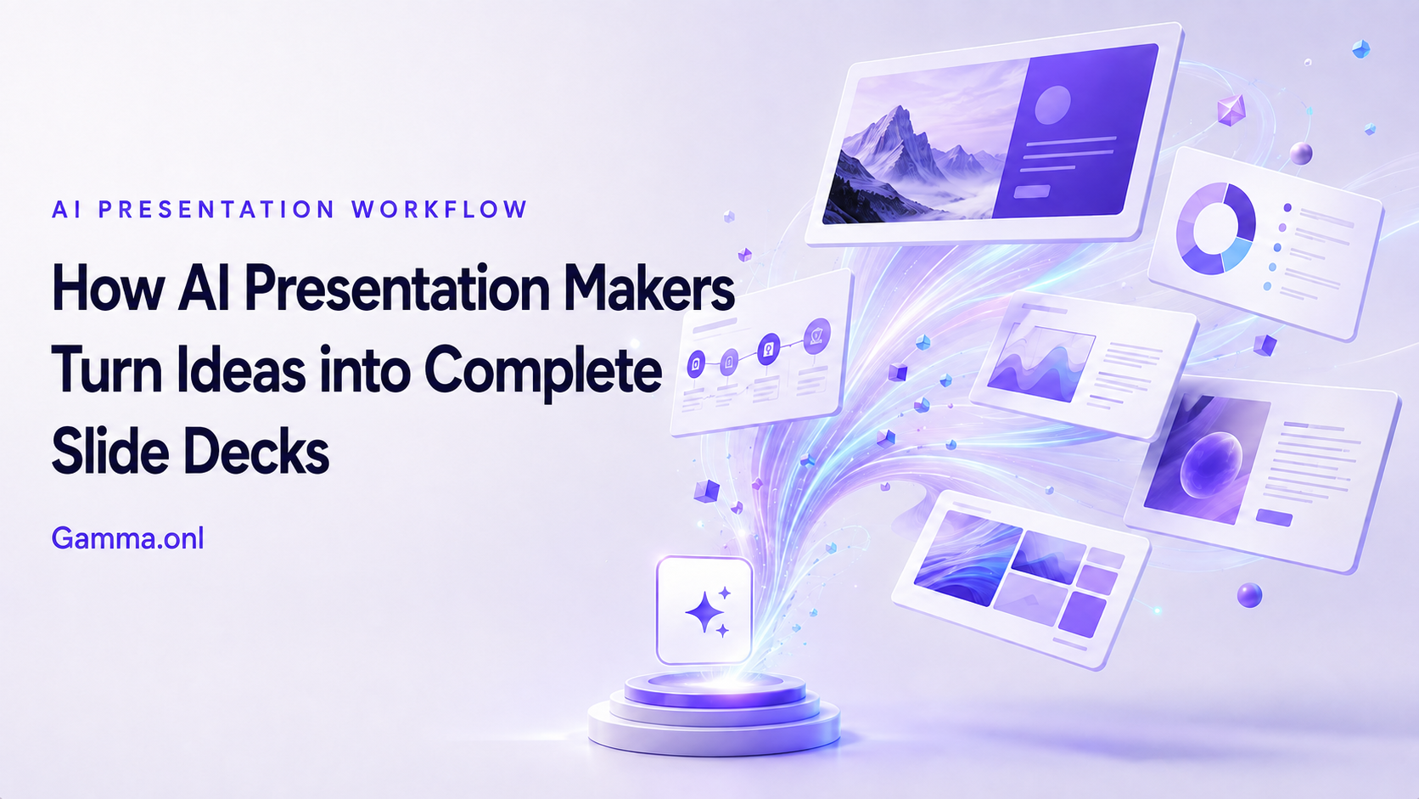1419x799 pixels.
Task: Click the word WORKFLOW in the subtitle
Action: tap(439, 209)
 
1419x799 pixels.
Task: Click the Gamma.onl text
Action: tap(127, 538)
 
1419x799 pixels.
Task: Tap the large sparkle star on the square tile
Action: tap(705, 613)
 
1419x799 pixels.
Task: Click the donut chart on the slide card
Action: tap(1215, 228)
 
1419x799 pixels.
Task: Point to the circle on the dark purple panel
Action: tap(1052, 105)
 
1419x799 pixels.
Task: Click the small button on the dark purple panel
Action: tap(1031, 191)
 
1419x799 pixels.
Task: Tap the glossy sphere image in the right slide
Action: tap(1210, 465)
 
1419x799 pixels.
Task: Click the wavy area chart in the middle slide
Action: tap(1040, 364)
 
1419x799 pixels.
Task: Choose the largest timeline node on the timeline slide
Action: tap(817, 336)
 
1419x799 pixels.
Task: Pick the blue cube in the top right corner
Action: tap(1360, 48)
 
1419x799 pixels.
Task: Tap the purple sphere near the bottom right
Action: tap(1249, 595)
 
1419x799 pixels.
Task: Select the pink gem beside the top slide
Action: tap(1231, 110)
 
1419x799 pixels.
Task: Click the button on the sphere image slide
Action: tap(1274, 518)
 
